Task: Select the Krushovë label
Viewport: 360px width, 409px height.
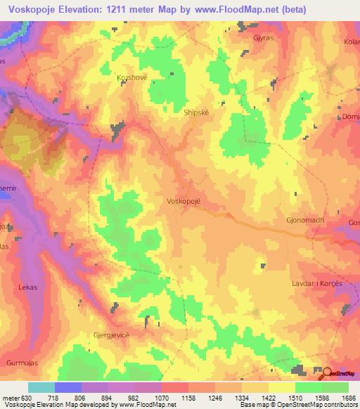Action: tap(132, 79)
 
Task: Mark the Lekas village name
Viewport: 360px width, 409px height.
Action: tap(27, 287)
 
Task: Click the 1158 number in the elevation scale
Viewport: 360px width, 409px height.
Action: tap(188, 397)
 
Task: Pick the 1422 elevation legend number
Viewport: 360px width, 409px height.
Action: tap(268, 397)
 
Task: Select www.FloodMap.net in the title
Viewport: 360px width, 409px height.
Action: tap(259, 9)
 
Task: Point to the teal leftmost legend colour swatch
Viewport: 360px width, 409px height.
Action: tap(41, 387)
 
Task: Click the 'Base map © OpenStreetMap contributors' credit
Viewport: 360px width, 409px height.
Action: tap(298, 405)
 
